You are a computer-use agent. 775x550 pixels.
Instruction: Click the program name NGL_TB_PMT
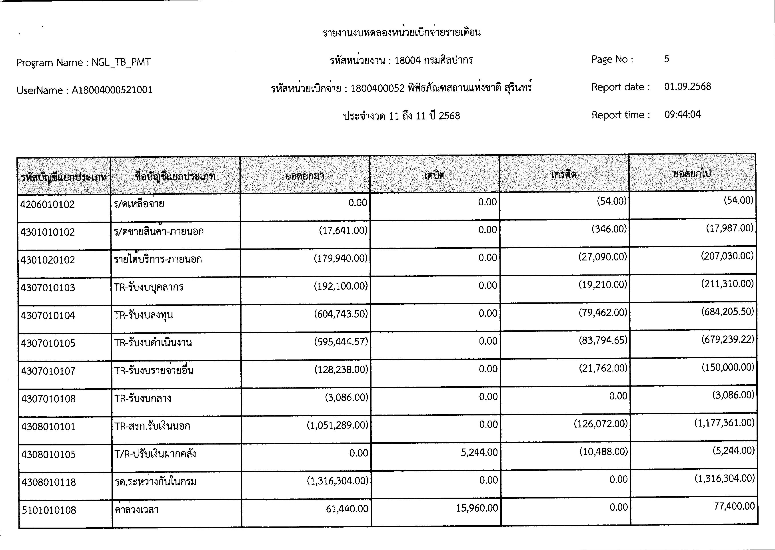121,63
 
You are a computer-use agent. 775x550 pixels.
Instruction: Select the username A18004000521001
112,90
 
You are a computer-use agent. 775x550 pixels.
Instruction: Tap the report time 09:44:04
682,115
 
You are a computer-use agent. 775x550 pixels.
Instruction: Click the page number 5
667,59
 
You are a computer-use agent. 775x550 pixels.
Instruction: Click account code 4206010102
48,205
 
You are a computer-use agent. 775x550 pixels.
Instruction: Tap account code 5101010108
49,510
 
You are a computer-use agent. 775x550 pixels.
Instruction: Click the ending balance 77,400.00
734,506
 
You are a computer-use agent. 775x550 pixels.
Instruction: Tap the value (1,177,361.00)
724,423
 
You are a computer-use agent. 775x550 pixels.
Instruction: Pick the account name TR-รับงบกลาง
142,398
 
